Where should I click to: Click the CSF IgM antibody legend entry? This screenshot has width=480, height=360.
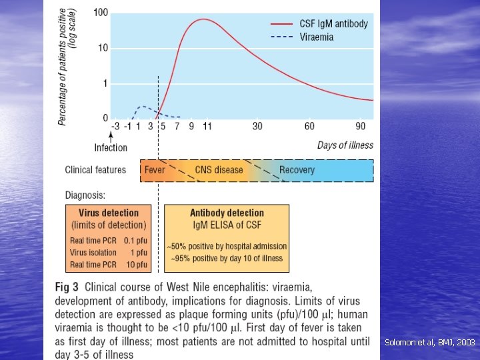click(x=333, y=23)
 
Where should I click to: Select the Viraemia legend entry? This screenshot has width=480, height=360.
click(x=317, y=37)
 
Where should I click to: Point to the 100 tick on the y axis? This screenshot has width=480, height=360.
click(x=101, y=13)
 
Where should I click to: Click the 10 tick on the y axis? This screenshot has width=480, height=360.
click(x=103, y=48)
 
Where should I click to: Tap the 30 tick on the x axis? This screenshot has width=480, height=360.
click(x=257, y=126)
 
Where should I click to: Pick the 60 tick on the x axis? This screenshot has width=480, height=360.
click(x=309, y=126)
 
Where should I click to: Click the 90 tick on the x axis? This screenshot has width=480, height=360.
click(x=361, y=126)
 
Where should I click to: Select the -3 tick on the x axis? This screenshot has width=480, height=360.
click(x=115, y=126)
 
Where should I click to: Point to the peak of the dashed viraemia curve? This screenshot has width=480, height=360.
click(x=141, y=106)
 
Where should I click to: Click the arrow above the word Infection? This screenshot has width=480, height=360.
click(x=111, y=136)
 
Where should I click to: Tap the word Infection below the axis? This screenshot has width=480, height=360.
click(x=111, y=147)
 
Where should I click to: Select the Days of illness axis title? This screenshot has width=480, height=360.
click(x=345, y=145)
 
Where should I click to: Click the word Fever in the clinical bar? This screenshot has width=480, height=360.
click(x=155, y=170)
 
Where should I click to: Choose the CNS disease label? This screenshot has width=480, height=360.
click(x=219, y=170)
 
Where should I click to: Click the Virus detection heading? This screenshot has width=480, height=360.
click(x=109, y=213)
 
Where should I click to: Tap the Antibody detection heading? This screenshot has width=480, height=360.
click(x=227, y=213)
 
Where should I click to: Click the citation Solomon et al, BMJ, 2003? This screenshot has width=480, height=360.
click(x=429, y=342)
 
